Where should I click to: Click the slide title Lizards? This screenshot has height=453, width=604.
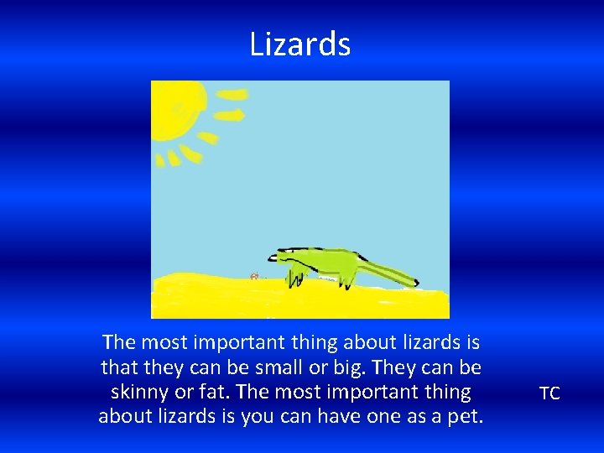(299, 44)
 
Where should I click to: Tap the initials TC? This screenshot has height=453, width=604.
(549, 393)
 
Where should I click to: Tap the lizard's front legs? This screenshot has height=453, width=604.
(294, 274)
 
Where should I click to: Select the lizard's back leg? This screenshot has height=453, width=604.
(345, 273)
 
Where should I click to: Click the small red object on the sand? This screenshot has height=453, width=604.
(253, 274)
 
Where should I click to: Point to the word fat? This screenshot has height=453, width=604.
(211, 392)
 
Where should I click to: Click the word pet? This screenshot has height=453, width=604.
(466, 416)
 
